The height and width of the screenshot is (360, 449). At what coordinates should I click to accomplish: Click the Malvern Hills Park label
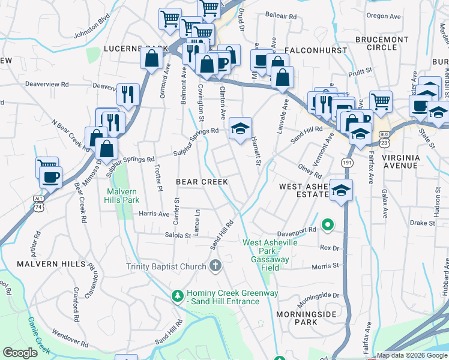[x=122, y=196]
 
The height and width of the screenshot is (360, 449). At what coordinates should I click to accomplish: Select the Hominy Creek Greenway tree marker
[x=177, y=296]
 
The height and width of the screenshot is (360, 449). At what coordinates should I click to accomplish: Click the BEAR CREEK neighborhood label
[x=202, y=181]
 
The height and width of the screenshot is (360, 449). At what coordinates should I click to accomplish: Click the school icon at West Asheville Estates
[x=341, y=191]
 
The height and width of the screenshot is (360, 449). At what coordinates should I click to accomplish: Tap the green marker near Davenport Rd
[x=327, y=226]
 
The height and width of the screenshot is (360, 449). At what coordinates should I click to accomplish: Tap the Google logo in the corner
[x=20, y=353]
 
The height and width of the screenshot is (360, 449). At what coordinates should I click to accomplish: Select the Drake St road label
[x=423, y=223]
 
